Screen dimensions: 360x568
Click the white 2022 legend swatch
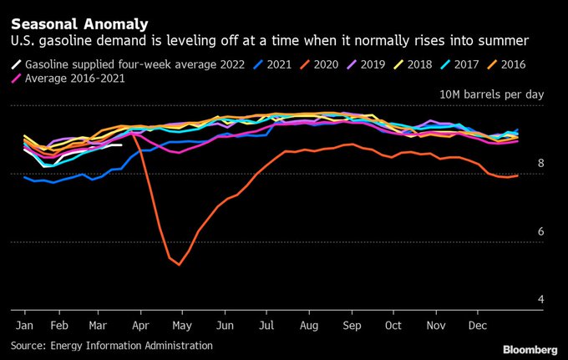[16, 64]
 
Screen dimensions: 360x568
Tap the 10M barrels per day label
[491, 95]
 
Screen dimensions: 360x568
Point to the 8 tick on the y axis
[541, 164]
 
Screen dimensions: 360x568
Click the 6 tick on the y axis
[541, 231]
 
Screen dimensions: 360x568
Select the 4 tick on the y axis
[541, 299]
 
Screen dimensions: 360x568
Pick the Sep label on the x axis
[351, 324]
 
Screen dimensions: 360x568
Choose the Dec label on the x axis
[479, 324]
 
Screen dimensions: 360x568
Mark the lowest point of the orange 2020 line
[178, 265]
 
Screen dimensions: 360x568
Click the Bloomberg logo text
[530, 347]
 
